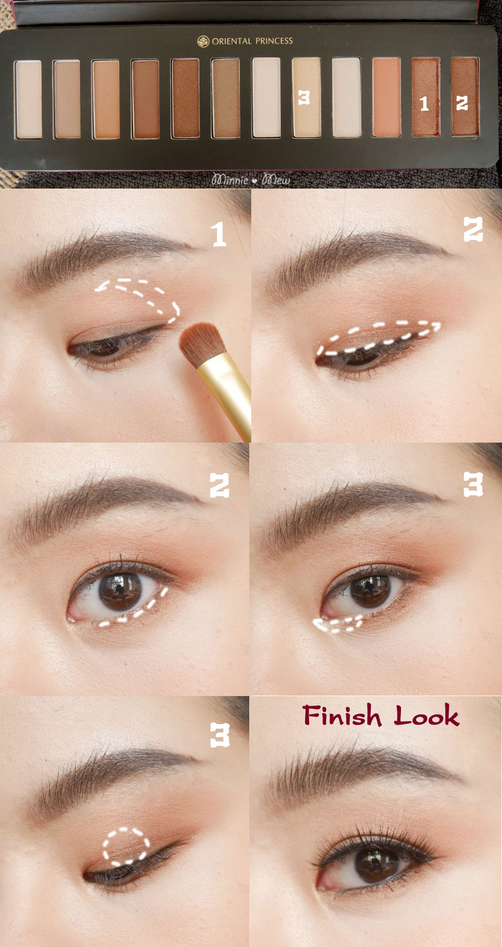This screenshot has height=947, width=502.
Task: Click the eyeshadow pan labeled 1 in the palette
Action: click(x=426, y=97)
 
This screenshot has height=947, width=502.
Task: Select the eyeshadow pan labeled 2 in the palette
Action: click(x=465, y=97)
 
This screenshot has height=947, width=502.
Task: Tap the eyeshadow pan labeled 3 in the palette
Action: click(x=307, y=97)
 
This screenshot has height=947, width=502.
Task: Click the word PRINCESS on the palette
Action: click(x=274, y=41)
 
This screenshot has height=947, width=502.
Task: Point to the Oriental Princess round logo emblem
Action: click(x=203, y=41)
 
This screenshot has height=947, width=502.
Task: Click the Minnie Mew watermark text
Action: click(x=251, y=179)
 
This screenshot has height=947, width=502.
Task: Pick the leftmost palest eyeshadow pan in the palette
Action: click(x=28, y=99)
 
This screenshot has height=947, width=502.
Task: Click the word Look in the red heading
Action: click(x=426, y=715)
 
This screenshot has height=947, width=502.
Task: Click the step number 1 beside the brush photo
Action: click(x=218, y=234)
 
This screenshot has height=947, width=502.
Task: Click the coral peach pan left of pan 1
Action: click(x=386, y=97)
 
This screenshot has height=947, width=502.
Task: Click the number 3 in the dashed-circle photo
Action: click(x=220, y=735)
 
